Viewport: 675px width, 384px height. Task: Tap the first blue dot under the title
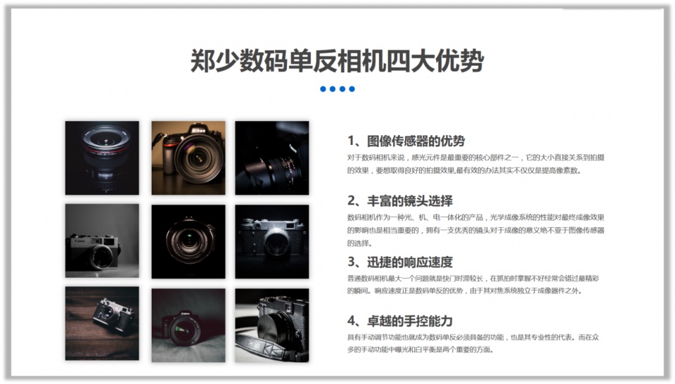coord(323,89)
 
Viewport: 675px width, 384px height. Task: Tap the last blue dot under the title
coord(352,89)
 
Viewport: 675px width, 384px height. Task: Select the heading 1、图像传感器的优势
coord(406,141)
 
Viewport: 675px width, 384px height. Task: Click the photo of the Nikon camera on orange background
coord(188,158)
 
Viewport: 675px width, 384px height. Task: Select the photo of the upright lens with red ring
coord(102,158)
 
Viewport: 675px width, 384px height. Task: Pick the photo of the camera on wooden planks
coord(102,324)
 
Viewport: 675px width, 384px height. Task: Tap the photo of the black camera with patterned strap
coord(271,324)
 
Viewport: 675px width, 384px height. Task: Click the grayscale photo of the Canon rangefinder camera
coord(102,241)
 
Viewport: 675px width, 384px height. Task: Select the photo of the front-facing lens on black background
coord(188,241)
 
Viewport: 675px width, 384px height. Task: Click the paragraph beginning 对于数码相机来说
coord(475,163)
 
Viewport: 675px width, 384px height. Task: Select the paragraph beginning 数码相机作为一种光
coord(476,230)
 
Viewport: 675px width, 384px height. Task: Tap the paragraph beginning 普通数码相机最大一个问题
coord(475,284)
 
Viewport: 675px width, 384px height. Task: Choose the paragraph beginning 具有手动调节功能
coord(476,343)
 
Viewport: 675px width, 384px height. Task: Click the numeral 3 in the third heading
coord(352,262)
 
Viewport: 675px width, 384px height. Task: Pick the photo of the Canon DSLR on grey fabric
coord(188,325)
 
